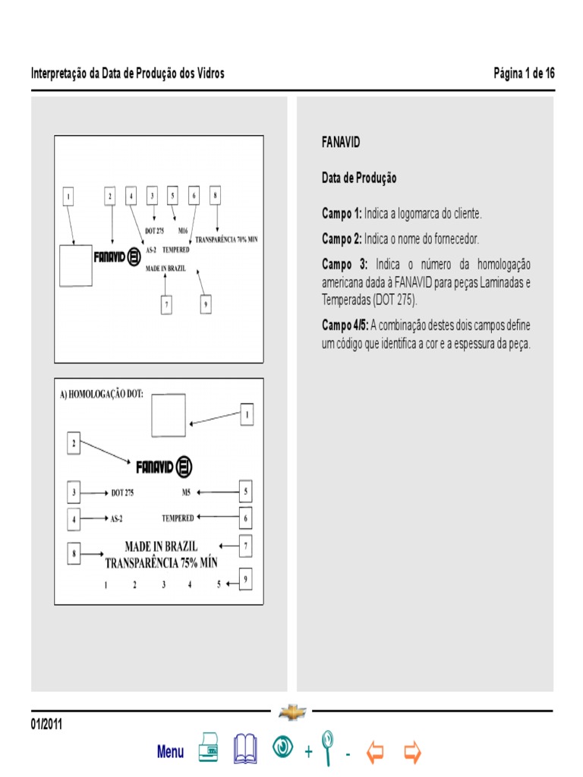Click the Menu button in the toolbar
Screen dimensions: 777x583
170,752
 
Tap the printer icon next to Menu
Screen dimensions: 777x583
210,748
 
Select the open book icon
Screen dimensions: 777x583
245,748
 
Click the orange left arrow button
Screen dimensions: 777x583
375,752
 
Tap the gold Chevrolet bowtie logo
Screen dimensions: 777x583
291,713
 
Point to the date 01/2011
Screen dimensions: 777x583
46,725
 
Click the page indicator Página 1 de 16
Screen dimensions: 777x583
524,74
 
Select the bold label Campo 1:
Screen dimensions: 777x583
342,212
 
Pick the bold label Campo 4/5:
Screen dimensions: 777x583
345,325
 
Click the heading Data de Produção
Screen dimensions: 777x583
359,178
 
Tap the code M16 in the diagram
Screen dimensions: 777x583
183,230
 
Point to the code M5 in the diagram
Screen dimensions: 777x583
186,492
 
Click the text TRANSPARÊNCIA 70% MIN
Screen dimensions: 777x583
226,239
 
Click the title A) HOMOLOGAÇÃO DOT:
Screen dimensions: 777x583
106,395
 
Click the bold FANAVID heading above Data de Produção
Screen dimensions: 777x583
341,143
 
